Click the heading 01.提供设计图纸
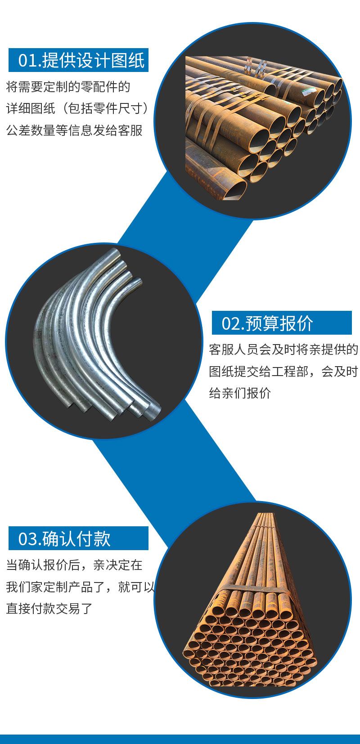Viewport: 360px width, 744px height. pos(81,60)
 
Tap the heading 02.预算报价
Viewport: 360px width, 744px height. pos(267,323)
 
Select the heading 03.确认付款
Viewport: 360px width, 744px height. pos(64,538)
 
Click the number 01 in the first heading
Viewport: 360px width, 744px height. pos(29,61)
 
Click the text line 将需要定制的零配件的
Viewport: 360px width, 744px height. pos(68,87)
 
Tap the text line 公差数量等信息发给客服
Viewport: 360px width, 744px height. pos(74,130)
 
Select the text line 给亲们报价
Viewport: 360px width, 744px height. pos(240,393)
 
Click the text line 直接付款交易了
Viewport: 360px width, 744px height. pos(49,609)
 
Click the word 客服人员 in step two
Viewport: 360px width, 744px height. pos(234,350)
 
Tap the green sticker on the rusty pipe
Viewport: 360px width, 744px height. pos(308,90)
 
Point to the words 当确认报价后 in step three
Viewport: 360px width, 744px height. pos(43,565)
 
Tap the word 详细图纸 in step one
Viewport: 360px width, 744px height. pos(31,108)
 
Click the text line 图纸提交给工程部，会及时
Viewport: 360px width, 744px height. pos(283,372)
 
